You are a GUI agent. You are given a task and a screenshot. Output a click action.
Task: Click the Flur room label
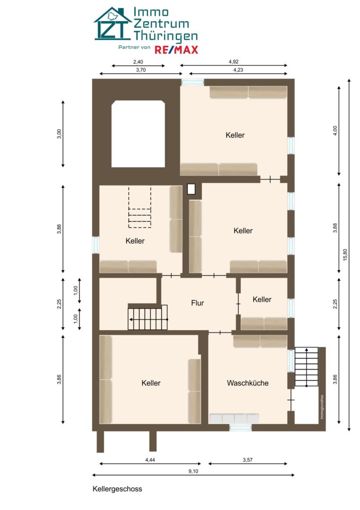click(x=198, y=303)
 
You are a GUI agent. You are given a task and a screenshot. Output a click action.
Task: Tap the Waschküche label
click(x=248, y=383)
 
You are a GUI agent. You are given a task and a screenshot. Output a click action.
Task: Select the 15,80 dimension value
click(x=345, y=255)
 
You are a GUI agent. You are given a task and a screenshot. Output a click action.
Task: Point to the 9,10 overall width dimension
click(x=193, y=471)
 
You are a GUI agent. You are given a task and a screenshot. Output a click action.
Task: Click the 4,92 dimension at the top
click(x=234, y=61)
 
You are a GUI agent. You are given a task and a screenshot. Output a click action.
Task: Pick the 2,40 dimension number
click(x=138, y=62)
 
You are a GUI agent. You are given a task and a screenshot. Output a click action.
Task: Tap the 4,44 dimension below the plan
click(x=150, y=460)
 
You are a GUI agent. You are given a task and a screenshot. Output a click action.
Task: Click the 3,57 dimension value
click(x=248, y=460)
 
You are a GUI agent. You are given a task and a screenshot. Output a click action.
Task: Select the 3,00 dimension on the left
click(x=59, y=134)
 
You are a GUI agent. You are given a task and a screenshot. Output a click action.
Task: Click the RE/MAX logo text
click(x=176, y=50)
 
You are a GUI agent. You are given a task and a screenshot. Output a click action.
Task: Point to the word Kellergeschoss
click(x=117, y=489)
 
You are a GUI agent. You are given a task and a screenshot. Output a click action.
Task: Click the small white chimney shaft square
click(x=192, y=189)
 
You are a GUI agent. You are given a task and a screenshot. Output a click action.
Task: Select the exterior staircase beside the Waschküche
click(x=306, y=366)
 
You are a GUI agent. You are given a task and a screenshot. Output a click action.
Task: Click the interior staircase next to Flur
click(x=148, y=317)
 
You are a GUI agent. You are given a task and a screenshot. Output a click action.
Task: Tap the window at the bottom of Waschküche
click(x=241, y=428)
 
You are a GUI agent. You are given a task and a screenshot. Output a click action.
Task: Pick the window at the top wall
click(x=193, y=82)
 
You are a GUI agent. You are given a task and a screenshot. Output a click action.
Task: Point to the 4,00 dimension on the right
click(x=335, y=130)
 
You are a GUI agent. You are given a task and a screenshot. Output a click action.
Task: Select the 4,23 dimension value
click(x=238, y=70)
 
